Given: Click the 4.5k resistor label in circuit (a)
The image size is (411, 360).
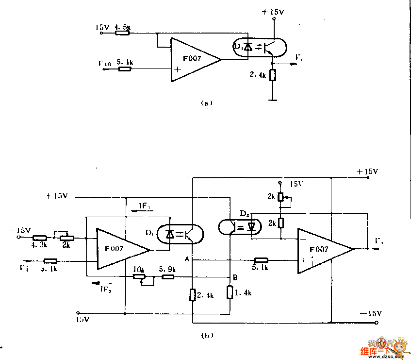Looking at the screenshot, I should pos(122,28).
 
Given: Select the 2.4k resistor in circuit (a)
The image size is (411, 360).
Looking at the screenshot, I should pos(273,75).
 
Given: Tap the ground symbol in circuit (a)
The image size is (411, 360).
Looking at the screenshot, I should pos(273,101).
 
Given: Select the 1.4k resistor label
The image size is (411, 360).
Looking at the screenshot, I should pos(243,293).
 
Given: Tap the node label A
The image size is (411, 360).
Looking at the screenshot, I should pos(186,260).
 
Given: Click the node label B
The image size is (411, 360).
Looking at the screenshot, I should pos(235,277).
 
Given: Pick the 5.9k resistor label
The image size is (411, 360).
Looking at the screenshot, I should pos(167,269).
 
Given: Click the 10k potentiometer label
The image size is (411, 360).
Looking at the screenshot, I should pos(139,269).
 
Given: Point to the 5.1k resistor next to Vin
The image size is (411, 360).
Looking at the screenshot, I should pos(125,69).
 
